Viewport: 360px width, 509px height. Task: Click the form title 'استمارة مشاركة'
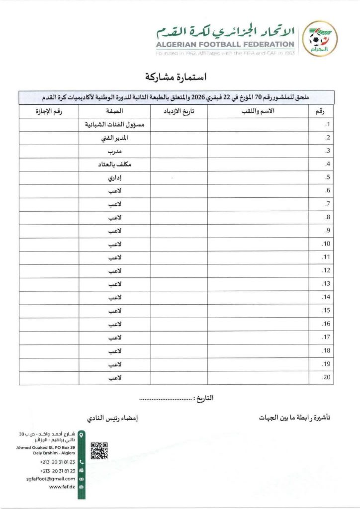click(176, 78)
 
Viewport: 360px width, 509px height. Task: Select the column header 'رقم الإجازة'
click(49, 112)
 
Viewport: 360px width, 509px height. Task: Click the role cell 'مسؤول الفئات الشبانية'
click(115, 125)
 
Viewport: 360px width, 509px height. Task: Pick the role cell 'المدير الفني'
click(115, 138)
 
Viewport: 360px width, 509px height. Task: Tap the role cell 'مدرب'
click(115, 151)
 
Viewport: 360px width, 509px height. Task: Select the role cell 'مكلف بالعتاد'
click(115, 165)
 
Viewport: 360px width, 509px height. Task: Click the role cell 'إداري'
click(115, 178)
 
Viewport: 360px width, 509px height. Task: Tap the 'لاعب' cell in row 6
click(115, 191)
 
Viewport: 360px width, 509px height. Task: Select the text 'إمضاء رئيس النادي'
click(112, 419)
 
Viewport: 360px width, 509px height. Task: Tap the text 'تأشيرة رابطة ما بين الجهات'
click(295, 419)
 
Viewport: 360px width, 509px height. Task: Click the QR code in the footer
click(99, 450)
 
